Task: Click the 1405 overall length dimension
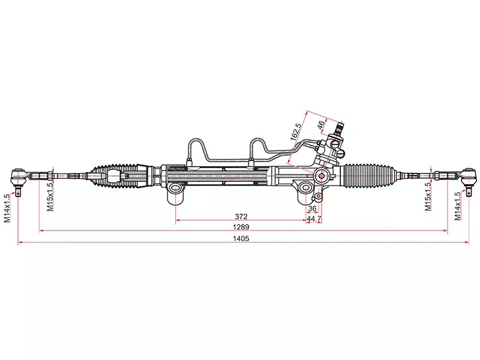click(241, 238)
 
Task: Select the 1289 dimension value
click(241, 227)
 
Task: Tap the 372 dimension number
click(241, 217)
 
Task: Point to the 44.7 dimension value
click(314, 219)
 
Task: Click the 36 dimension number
click(312, 208)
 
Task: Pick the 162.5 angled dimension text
click(296, 131)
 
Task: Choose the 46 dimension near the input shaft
click(320, 125)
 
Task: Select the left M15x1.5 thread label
click(50, 196)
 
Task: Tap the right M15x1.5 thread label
click(428, 196)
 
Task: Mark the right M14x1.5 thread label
click(457, 206)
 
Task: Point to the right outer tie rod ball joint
click(469, 176)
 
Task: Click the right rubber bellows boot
click(370, 176)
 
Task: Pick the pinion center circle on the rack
click(322, 176)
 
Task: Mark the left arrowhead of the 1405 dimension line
click(19, 242)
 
